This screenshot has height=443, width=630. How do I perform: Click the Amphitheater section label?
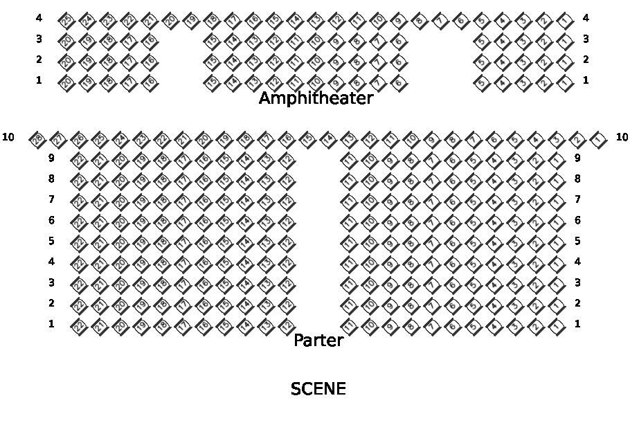pyautogui.click(x=316, y=99)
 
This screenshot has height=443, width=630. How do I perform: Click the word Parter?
pyautogui.click(x=318, y=341)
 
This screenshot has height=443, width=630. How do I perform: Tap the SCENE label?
pyautogui.click(x=318, y=389)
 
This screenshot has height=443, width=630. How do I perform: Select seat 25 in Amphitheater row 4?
pyautogui.click(x=66, y=19)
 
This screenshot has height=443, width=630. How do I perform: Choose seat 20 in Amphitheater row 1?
pyautogui.click(x=66, y=83)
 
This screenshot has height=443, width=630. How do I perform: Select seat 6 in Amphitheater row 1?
pyautogui.click(x=398, y=83)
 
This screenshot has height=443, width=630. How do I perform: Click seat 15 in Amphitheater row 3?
pyautogui.click(x=211, y=41)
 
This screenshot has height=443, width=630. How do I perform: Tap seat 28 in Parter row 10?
pyautogui.click(x=37, y=139)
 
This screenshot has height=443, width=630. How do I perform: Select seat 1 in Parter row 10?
pyautogui.click(x=598, y=139)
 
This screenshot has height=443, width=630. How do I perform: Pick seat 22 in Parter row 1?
pyautogui.click(x=79, y=326)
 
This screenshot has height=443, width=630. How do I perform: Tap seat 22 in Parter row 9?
pyautogui.click(x=79, y=160)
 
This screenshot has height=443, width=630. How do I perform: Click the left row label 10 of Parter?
pyautogui.click(x=8, y=137)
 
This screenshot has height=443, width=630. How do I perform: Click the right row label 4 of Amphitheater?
pyautogui.click(x=586, y=18)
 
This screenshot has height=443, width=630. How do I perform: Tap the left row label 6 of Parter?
pyautogui.click(x=51, y=220)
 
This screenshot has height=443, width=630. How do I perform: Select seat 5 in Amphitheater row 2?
pyautogui.click(x=481, y=62)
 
